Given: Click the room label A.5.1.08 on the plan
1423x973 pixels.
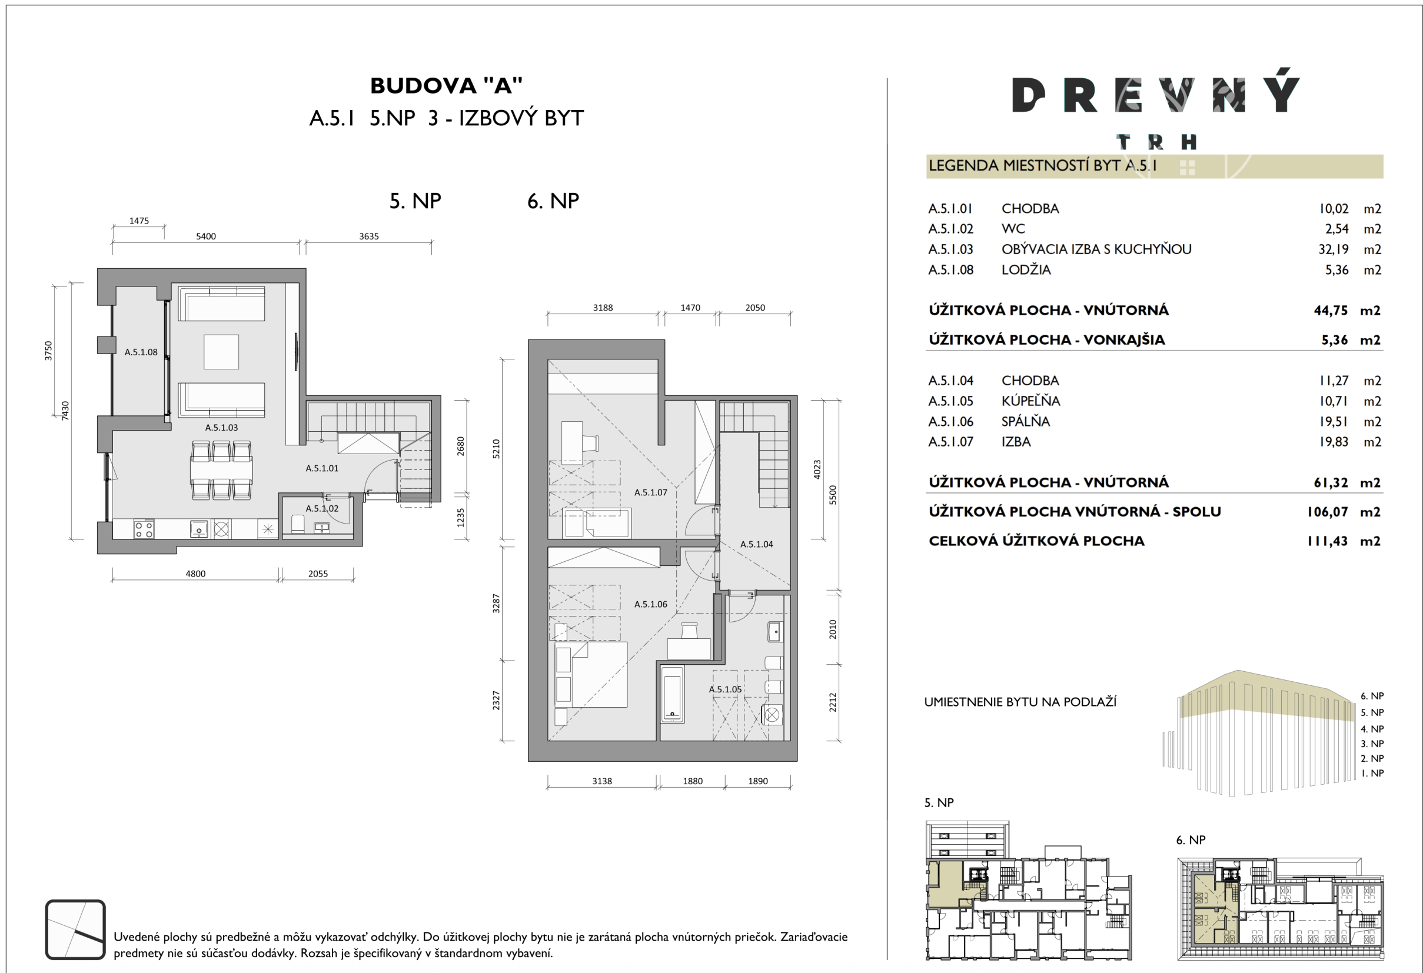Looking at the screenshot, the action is click(141, 352).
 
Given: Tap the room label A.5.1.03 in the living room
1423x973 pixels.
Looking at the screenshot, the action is click(221, 428).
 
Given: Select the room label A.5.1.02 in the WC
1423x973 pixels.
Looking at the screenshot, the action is click(322, 508).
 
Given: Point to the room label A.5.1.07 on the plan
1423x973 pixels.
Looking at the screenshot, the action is click(650, 492).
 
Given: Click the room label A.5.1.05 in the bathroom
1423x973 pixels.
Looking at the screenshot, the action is click(725, 689).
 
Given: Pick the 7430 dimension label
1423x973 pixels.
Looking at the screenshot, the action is click(65, 411).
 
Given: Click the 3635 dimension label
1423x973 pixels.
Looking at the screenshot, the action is click(368, 236).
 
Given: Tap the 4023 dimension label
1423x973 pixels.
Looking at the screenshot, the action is click(817, 469).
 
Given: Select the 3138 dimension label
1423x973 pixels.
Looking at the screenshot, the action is click(602, 781).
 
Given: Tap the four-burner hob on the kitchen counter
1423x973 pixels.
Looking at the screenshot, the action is click(144, 529).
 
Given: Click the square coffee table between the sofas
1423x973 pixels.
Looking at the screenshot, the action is click(221, 351).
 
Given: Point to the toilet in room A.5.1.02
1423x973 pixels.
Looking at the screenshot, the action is click(298, 524).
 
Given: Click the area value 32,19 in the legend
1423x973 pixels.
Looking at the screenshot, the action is click(1333, 249).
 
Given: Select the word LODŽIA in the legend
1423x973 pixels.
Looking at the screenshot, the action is click(1026, 270).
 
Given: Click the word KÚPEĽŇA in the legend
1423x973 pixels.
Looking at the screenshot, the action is click(1030, 401).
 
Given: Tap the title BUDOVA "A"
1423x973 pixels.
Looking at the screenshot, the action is click(446, 86).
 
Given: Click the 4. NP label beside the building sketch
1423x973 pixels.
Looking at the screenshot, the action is click(1372, 729).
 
